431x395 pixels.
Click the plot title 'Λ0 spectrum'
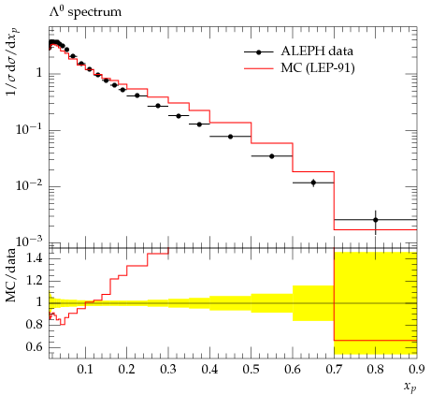coord(85,12)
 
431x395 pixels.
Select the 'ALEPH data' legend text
coord(317,51)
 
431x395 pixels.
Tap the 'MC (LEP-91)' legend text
coord(318,68)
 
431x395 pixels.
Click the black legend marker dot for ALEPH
coord(258,52)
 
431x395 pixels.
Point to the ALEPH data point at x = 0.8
coord(376,220)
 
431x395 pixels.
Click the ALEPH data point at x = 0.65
coord(313,183)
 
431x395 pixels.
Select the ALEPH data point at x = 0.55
coord(272,156)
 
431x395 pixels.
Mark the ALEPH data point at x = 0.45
coord(230,137)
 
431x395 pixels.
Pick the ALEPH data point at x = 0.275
coord(158,106)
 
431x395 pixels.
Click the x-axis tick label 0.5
coord(251,370)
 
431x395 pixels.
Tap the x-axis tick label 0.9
coord(417,370)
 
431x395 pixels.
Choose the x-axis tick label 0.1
coord(85,370)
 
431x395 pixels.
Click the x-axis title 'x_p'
coord(410,388)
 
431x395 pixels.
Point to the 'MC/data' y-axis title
coord(11,275)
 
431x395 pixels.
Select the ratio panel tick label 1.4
coord(35,258)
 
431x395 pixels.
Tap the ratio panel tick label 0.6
coord(35,347)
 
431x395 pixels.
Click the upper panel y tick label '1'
coord(39,74)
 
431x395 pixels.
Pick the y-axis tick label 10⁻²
coord(29,185)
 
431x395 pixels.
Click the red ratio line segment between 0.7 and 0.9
coord(376,341)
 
